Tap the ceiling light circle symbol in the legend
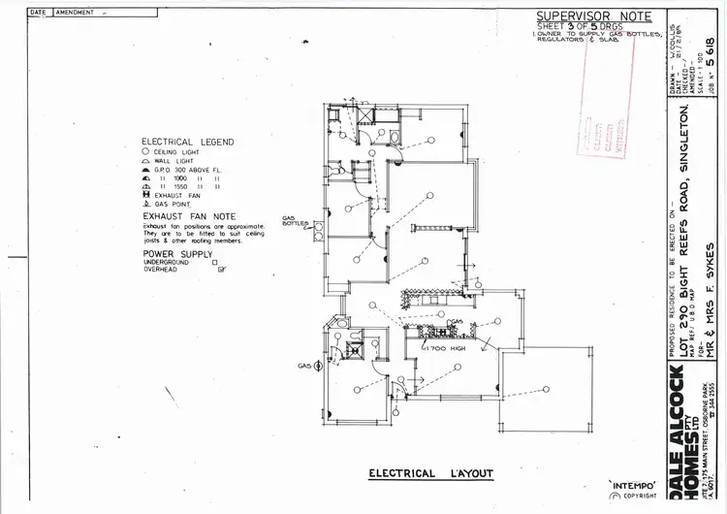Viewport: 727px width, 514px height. click(x=144, y=152)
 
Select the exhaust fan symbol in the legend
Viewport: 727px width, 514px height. click(x=144, y=196)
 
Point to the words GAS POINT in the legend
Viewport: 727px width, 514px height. click(x=173, y=205)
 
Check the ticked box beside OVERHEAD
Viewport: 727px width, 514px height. click(x=221, y=270)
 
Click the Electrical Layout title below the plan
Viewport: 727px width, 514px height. click(x=430, y=474)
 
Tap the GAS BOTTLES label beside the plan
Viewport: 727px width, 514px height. click(x=293, y=221)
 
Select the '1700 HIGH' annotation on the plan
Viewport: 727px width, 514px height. click(x=442, y=347)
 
